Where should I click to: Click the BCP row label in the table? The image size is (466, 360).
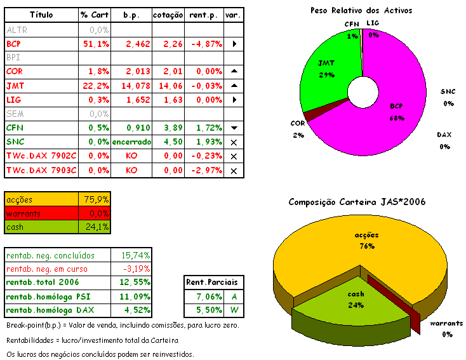click(x=14, y=44)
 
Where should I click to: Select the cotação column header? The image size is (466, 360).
click(x=168, y=15)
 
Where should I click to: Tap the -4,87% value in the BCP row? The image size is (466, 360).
click(x=204, y=44)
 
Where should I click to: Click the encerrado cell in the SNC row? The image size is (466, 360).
click(x=131, y=141)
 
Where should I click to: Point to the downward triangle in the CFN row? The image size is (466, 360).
click(x=234, y=128)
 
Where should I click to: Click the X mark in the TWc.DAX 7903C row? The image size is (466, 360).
click(x=234, y=170)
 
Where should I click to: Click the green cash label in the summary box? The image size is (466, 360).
click(x=15, y=227)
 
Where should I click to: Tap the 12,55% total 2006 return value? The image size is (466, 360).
click(x=135, y=282)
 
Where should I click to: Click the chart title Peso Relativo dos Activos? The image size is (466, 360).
click(x=361, y=10)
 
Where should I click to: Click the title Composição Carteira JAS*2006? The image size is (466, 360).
click(x=357, y=202)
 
